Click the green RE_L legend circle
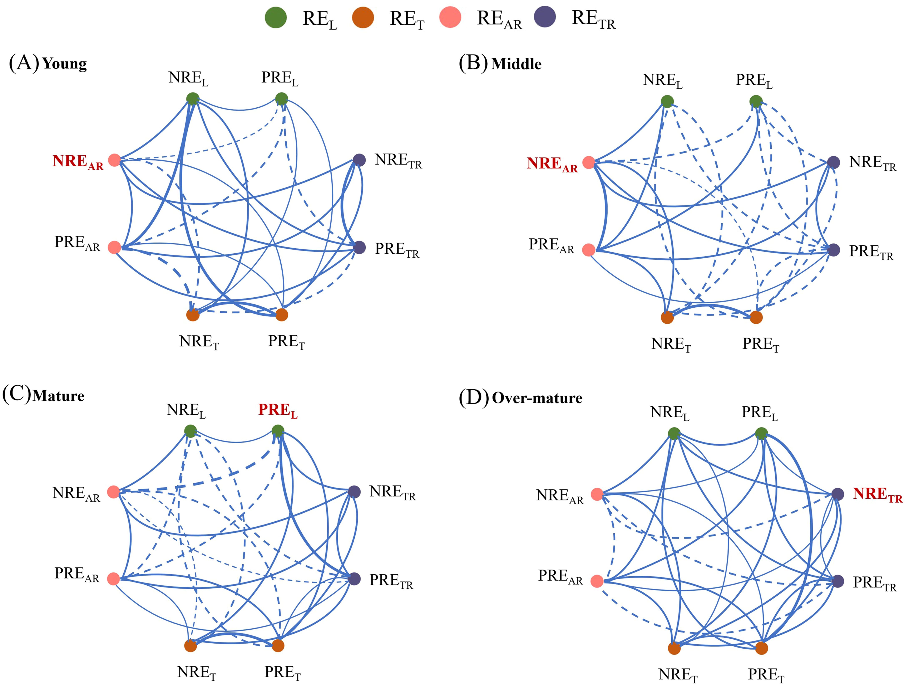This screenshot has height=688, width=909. coord(275,18)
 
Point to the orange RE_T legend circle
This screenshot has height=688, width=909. coord(363,18)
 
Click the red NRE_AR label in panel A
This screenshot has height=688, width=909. coord(78,162)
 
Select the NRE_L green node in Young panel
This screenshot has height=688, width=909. coord(193,99)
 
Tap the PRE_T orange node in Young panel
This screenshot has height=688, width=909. coord(281,315)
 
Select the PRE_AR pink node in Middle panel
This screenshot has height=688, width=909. coord(588,250)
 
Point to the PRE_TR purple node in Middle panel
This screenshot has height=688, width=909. coord(833,250)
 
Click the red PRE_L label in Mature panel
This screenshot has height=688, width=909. coord(278,410)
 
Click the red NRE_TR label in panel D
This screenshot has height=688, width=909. coord(877,494)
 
